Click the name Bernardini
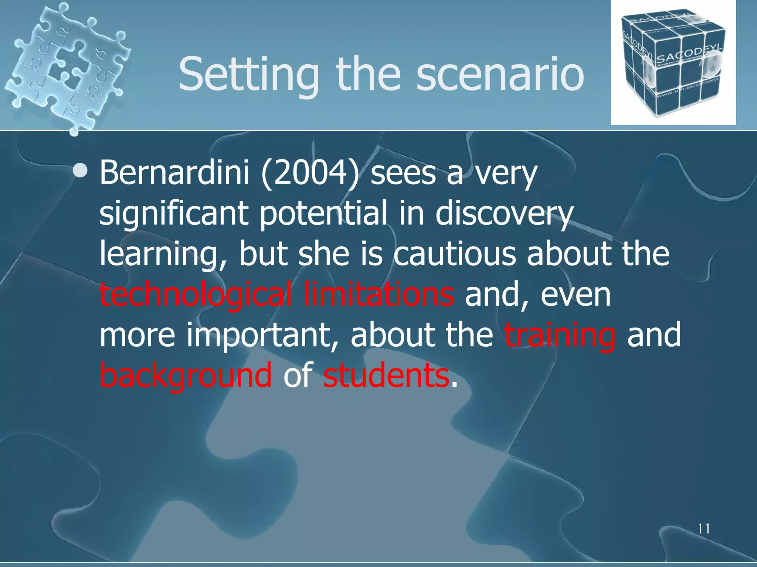click(x=174, y=173)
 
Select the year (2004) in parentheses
click(x=310, y=173)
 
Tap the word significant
click(x=173, y=214)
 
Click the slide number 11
click(x=704, y=529)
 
